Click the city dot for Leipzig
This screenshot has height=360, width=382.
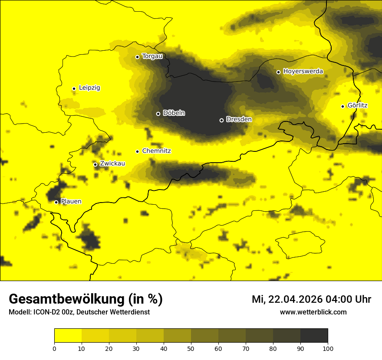click(74, 88)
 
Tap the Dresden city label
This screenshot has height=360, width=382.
click(239, 119)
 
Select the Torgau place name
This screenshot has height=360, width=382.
click(152, 56)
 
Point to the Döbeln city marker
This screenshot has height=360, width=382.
click(158, 114)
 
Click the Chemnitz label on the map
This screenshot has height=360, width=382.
click(156, 151)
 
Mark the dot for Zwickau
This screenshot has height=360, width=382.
click(95, 164)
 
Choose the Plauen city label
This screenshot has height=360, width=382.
click(71, 202)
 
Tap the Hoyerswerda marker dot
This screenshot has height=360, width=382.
click(279, 72)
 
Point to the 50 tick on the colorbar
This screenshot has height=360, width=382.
click(191, 348)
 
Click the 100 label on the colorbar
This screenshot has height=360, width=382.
click(328, 348)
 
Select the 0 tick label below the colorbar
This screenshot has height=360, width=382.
click(54, 348)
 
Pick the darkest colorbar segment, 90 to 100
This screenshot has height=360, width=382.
click(314, 336)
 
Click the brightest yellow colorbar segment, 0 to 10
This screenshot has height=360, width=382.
click(68, 336)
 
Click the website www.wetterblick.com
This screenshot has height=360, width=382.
click(313, 312)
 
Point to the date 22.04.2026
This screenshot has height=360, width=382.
click(293, 299)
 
